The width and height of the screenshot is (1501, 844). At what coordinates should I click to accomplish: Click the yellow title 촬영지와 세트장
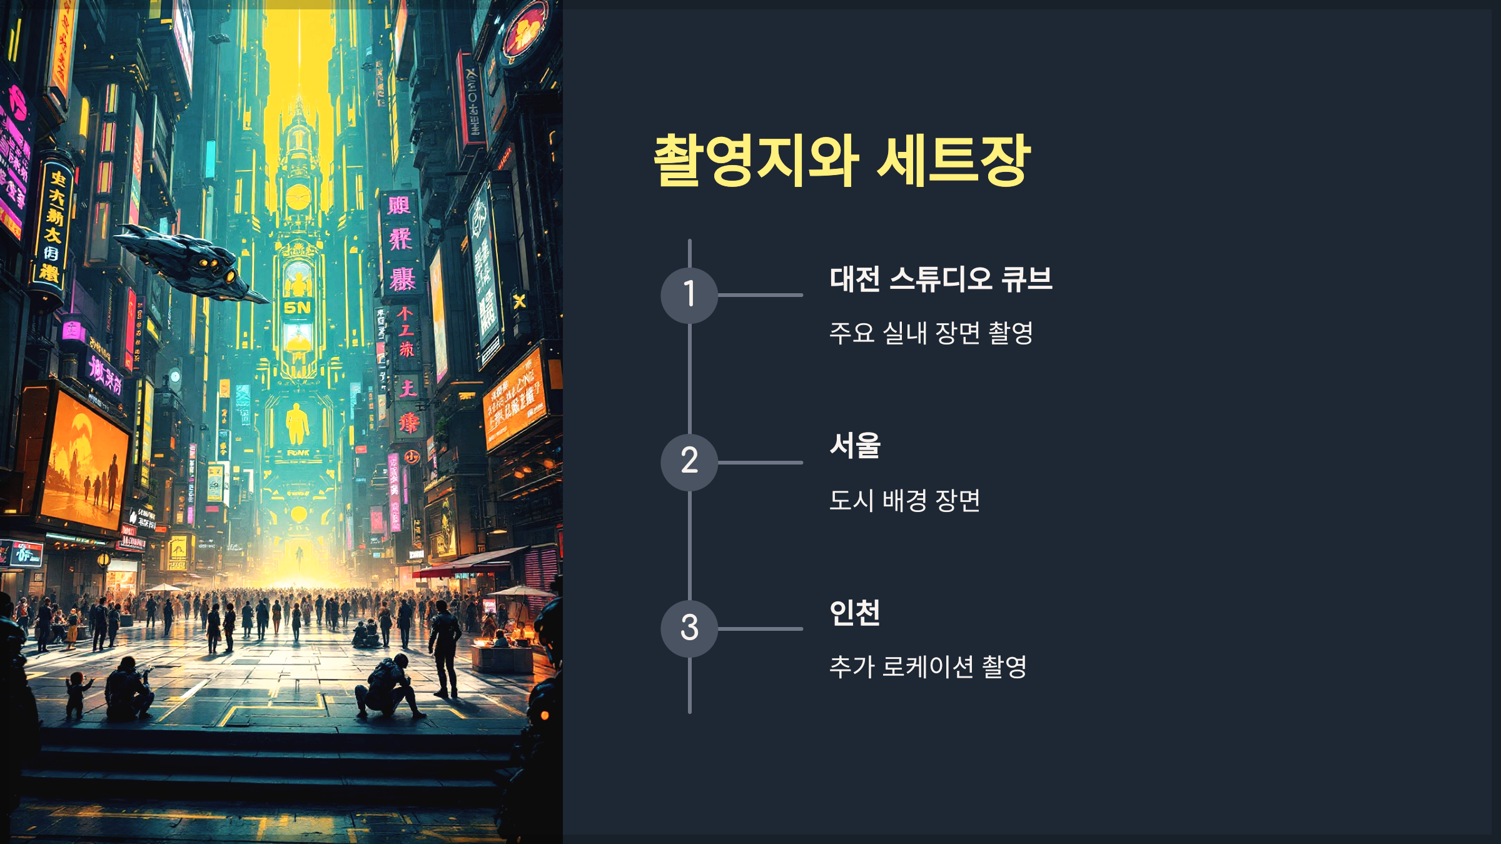pyautogui.click(x=842, y=161)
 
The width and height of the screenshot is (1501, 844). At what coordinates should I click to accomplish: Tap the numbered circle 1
pyautogui.click(x=689, y=295)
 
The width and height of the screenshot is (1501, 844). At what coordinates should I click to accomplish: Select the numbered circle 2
pyautogui.click(x=689, y=462)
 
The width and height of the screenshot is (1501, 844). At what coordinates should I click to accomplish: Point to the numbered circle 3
pyautogui.click(x=689, y=628)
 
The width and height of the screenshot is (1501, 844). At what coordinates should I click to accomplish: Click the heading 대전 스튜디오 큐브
pyautogui.click(x=941, y=279)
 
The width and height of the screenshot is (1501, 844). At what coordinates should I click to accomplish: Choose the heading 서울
pyautogui.click(x=855, y=446)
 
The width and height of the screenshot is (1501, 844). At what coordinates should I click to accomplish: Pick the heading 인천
pyautogui.click(x=855, y=613)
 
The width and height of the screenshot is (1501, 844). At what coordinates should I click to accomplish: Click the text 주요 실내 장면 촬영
pyautogui.click(x=931, y=333)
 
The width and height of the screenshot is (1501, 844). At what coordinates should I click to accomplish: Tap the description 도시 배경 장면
pyautogui.click(x=904, y=500)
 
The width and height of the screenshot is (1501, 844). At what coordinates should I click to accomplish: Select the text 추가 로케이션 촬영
pyautogui.click(x=927, y=666)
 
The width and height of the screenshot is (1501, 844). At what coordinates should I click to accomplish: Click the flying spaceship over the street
pyautogui.click(x=188, y=263)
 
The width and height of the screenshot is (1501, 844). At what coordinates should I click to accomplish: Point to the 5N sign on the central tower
pyautogui.click(x=297, y=308)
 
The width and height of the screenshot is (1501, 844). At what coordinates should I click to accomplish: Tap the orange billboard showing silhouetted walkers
pyautogui.click(x=84, y=463)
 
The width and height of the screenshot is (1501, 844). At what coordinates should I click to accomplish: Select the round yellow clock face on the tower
pyautogui.click(x=298, y=198)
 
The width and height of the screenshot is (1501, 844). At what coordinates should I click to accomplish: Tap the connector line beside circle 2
pyautogui.click(x=760, y=463)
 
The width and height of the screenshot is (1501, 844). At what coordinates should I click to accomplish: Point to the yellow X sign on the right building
pyautogui.click(x=519, y=302)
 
